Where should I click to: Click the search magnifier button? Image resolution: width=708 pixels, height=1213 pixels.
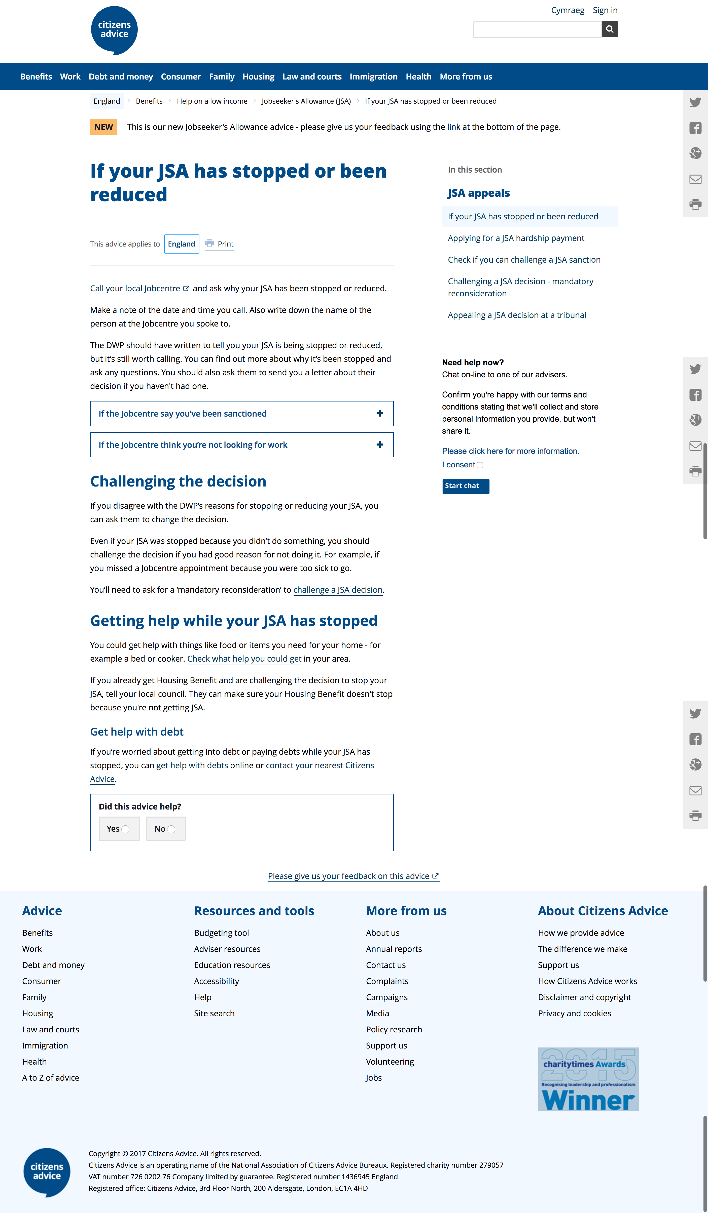click(609, 29)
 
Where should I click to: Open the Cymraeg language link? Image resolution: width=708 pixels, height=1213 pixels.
click(567, 10)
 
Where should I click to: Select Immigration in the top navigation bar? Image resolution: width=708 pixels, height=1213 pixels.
click(373, 76)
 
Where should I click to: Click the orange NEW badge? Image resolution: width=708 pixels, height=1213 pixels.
click(103, 127)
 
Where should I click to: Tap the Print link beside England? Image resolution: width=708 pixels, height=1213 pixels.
click(225, 244)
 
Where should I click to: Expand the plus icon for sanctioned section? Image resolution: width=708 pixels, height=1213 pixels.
click(379, 414)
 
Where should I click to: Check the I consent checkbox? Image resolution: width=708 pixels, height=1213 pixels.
click(480, 465)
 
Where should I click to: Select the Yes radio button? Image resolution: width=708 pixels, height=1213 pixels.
click(125, 829)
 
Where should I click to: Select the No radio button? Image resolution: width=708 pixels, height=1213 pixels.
click(171, 829)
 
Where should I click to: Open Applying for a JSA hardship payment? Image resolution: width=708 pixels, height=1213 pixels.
click(516, 238)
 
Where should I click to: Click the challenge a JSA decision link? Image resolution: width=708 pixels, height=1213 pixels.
click(338, 590)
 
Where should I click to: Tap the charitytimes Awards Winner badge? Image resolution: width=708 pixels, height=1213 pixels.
click(588, 1079)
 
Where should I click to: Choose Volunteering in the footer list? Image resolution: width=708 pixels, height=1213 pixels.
click(390, 1061)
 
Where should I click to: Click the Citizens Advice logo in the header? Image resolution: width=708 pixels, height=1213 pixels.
click(114, 30)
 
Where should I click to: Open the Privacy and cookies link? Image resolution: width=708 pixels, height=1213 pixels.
click(574, 1013)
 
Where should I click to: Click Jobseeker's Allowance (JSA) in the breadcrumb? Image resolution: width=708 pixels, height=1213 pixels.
click(306, 101)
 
